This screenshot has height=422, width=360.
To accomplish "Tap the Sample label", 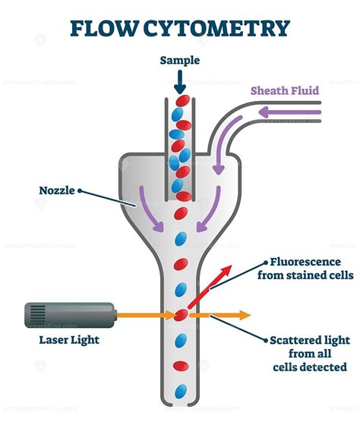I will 179,60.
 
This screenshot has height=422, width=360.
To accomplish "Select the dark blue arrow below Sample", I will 179,80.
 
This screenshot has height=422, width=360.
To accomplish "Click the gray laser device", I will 69,313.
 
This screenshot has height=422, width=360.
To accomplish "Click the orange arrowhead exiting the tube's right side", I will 242,314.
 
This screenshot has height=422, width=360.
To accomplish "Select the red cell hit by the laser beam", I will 181,314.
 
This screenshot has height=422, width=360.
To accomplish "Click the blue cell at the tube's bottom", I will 180,392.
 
